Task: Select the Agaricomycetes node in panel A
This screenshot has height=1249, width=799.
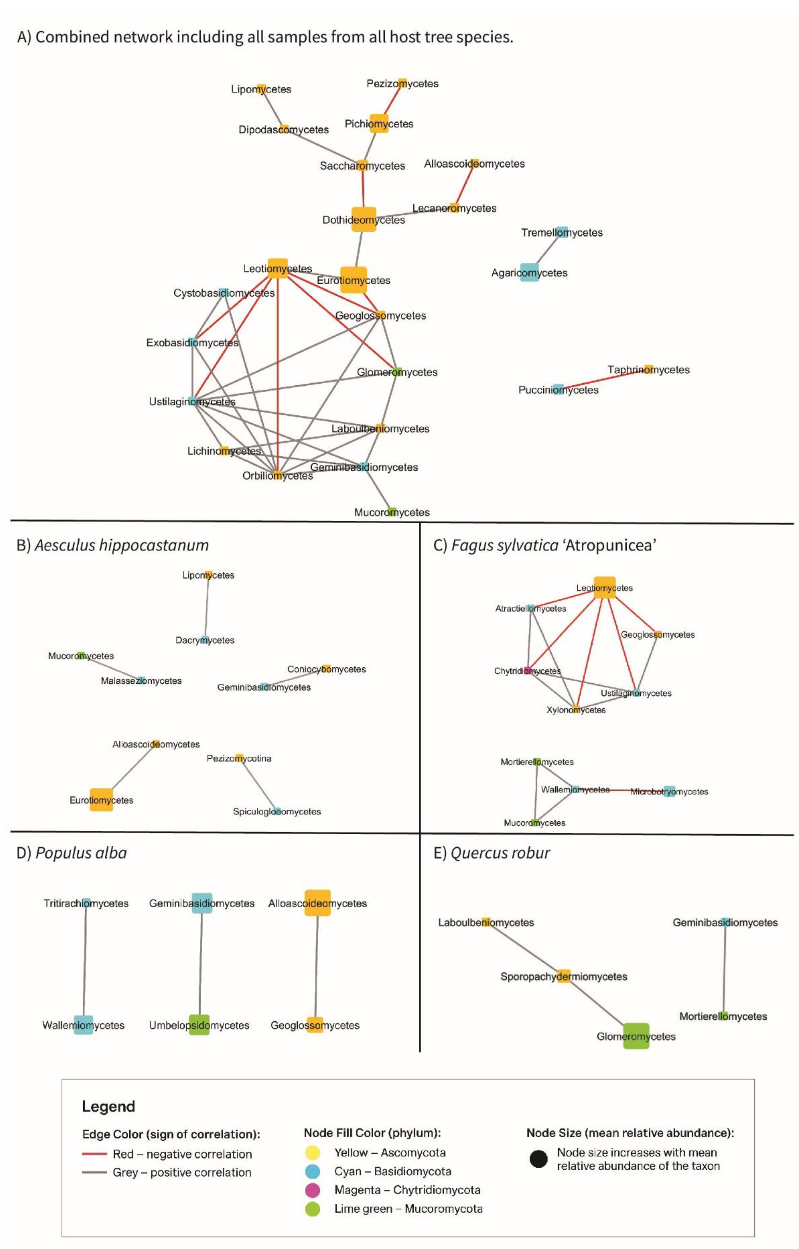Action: click(529, 272)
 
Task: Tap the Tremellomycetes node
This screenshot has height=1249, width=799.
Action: click(562, 232)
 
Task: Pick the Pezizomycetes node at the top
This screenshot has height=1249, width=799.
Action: click(403, 83)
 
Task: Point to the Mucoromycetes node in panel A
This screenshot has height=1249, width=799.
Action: click(392, 512)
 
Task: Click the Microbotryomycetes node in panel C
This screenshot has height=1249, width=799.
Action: click(669, 791)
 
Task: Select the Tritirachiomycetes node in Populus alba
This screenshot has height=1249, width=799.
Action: click(86, 903)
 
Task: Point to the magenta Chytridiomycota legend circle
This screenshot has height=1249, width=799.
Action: click(313, 1190)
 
